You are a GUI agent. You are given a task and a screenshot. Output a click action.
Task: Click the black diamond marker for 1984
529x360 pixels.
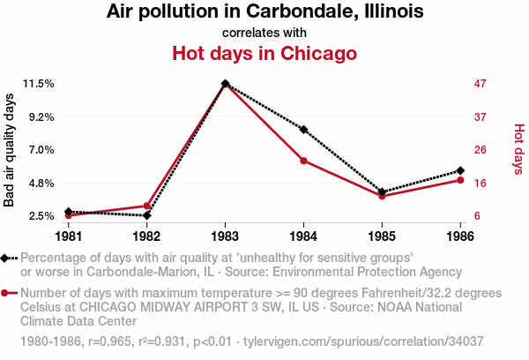coord(303,130)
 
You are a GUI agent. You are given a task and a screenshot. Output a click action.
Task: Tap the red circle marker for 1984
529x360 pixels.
coord(303,161)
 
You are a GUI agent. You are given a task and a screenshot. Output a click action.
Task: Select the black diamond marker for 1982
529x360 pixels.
coord(146,215)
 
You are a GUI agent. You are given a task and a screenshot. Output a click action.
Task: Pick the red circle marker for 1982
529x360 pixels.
coord(146,206)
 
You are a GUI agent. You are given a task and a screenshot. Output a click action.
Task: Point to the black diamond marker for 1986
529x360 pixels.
coord(460,170)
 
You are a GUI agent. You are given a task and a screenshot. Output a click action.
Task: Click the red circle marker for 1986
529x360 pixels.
coord(460,180)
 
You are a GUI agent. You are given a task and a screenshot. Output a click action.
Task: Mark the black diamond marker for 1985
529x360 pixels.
coord(382,191)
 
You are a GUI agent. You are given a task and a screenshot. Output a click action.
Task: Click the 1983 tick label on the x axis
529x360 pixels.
coord(225,236)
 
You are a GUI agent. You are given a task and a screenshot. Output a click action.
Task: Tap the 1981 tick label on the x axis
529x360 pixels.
coord(69,236)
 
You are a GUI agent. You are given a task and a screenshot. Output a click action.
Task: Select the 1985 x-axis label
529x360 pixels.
coord(382,236)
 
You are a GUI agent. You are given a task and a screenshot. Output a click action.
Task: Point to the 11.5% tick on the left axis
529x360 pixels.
coord(39,84)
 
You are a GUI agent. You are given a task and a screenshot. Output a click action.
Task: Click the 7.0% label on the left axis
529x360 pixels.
coord(41,150)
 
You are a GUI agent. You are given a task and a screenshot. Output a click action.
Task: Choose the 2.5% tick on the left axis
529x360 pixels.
coord(41,216)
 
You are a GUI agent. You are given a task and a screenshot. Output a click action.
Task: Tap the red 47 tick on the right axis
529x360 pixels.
coord(481,84)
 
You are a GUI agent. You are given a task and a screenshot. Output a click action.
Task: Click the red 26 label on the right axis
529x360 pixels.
coord(481,150)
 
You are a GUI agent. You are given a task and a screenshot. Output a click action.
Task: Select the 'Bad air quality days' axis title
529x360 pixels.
coord(10,150)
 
